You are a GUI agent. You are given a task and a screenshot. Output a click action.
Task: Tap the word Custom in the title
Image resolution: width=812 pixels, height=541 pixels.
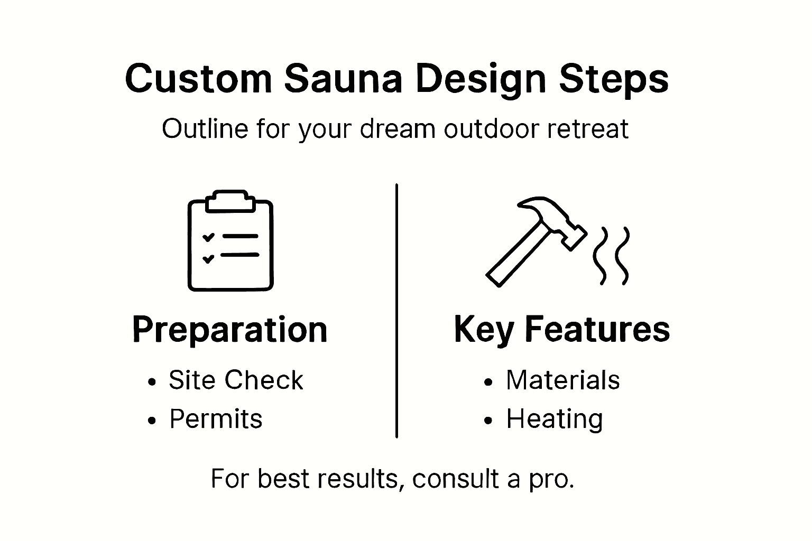pos(198,79)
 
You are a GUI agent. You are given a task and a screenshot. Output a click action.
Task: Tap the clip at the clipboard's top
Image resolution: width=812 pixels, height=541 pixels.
pos(230,201)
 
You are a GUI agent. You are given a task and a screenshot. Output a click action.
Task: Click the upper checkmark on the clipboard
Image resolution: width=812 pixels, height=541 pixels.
pos(208,237)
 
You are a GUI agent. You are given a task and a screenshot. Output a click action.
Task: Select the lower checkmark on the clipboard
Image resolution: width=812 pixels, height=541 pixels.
pos(208,258)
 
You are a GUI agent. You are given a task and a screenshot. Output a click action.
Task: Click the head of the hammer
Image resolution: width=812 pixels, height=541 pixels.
pos(552,217)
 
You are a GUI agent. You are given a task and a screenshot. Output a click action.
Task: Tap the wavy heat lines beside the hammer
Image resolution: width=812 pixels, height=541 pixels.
pos(611,256)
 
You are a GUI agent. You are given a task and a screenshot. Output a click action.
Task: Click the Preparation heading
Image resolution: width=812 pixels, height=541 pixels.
pos(230,330)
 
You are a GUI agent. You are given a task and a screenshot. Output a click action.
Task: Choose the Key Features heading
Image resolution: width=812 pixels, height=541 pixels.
pos(562,330)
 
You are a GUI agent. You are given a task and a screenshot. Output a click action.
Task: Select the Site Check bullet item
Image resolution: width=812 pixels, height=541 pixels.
pos(236,380)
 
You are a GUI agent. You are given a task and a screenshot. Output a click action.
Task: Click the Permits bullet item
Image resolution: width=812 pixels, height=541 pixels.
pos(216,419)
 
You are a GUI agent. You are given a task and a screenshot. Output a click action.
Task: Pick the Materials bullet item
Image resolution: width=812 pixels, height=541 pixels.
pos(562,380)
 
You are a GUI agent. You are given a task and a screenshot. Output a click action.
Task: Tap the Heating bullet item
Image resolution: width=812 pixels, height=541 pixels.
pos(555,419)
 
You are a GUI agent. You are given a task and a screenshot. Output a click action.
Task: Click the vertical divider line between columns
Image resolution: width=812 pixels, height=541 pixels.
pos(396,312)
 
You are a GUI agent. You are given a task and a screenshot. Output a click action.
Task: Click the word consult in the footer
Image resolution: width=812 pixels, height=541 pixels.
pos(455,479)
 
